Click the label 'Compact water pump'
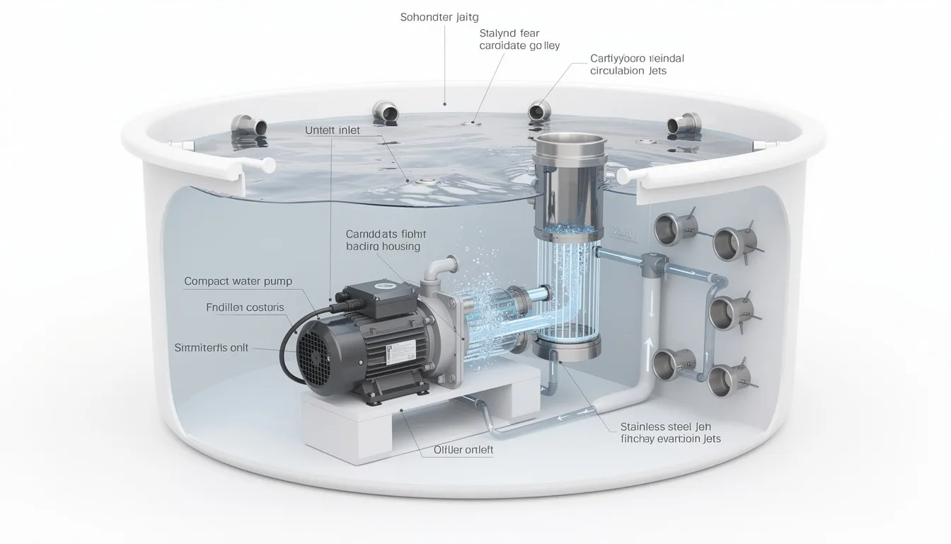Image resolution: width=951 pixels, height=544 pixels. click(x=238, y=281)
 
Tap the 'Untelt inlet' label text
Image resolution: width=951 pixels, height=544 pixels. click(x=332, y=130)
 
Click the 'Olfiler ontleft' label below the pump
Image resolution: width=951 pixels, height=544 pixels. click(x=463, y=450)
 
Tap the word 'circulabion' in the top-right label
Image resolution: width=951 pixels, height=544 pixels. click(x=618, y=71)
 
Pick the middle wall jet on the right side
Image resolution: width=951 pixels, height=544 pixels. click(x=725, y=310)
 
